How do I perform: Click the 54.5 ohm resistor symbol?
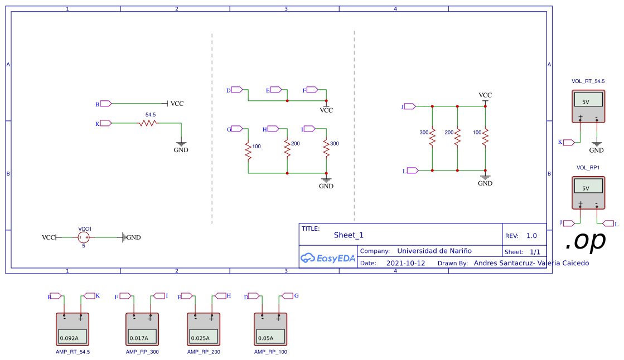point(147,123)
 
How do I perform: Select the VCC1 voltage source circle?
point(84,237)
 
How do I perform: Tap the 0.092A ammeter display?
point(72,337)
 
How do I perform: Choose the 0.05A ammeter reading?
point(270,337)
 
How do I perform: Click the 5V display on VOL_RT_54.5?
point(588,101)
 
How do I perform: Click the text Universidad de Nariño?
point(434,251)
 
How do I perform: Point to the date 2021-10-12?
point(405,263)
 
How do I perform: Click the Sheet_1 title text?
point(349,235)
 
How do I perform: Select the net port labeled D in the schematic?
point(236,90)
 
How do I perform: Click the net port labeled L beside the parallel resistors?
point(412,171)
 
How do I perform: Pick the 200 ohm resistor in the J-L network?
point(457,137)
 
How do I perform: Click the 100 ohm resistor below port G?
point(249,150)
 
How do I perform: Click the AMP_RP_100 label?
point(270,352)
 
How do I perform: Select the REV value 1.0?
point(531,236)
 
